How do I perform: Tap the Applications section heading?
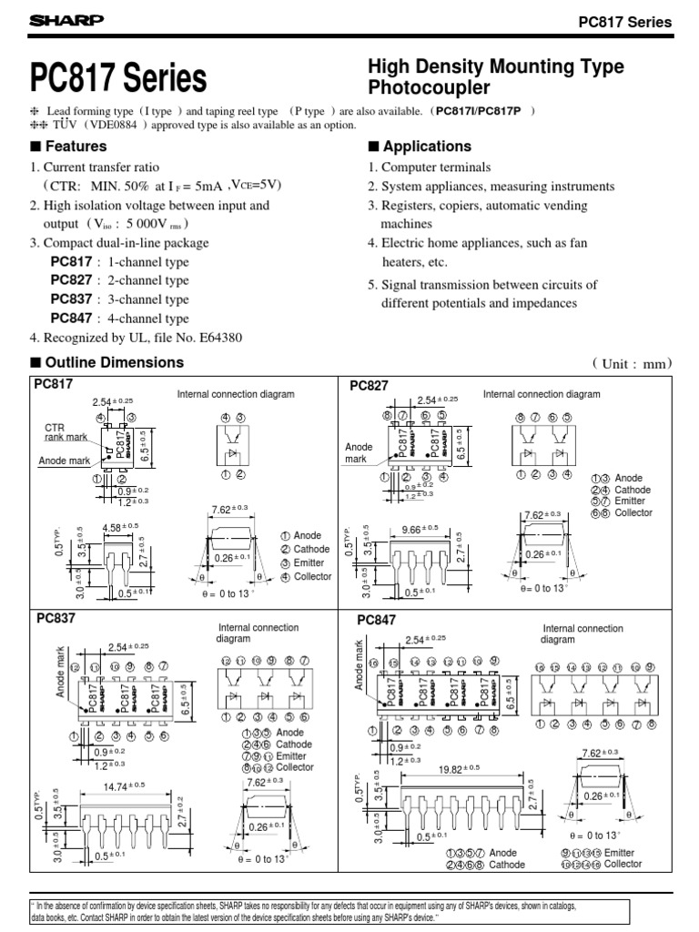coord(420,147)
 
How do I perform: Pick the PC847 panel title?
coord(376,621)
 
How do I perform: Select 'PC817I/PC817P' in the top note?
coord(478,112)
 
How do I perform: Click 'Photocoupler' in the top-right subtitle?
coord(428,88)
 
